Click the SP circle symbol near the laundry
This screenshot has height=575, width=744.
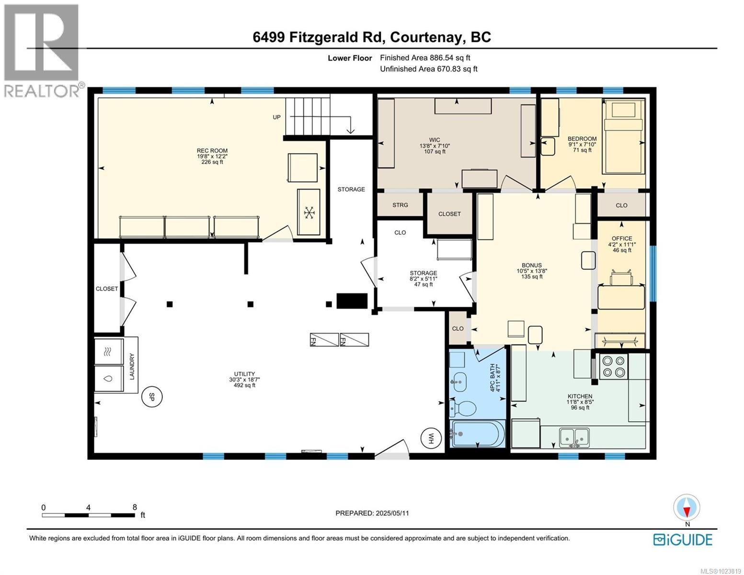point(152,397)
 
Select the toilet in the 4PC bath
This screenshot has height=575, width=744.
point(463,409)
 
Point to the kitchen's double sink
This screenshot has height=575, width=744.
point(575,437)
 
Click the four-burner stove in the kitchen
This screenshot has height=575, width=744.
point(614,366)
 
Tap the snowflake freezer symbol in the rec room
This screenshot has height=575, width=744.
point(309,212)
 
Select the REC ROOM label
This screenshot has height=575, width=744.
point(212,150)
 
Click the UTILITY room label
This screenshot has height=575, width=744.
point(244,374)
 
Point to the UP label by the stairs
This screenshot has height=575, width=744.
point(276,117)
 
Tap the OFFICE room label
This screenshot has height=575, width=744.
point(621,238)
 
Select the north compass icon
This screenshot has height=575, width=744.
point(687,508)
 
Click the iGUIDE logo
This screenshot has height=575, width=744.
point(683,540)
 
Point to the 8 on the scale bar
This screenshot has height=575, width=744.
point(135,507)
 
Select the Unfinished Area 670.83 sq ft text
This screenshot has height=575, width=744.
point(428,69)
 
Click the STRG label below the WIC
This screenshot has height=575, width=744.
point(400,205)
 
